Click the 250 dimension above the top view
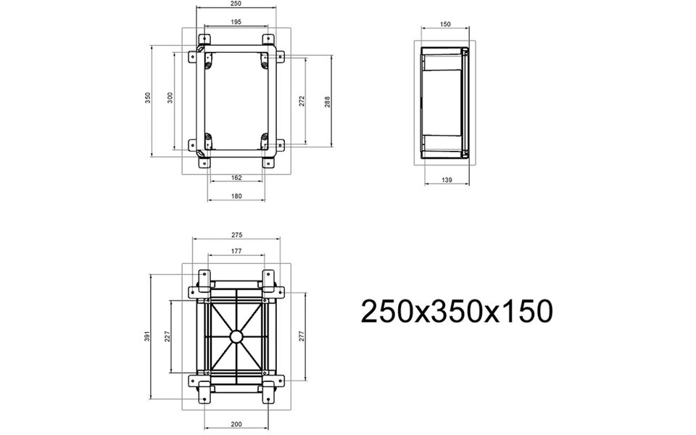236,4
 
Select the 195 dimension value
236,22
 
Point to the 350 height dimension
147,98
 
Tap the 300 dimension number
170,98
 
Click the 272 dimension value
302,101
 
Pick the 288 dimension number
327,101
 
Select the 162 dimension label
236,177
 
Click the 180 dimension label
236,196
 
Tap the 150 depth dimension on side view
445,24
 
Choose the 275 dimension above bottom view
236,235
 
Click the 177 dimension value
236,252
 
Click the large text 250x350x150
457,312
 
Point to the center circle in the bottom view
236,337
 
